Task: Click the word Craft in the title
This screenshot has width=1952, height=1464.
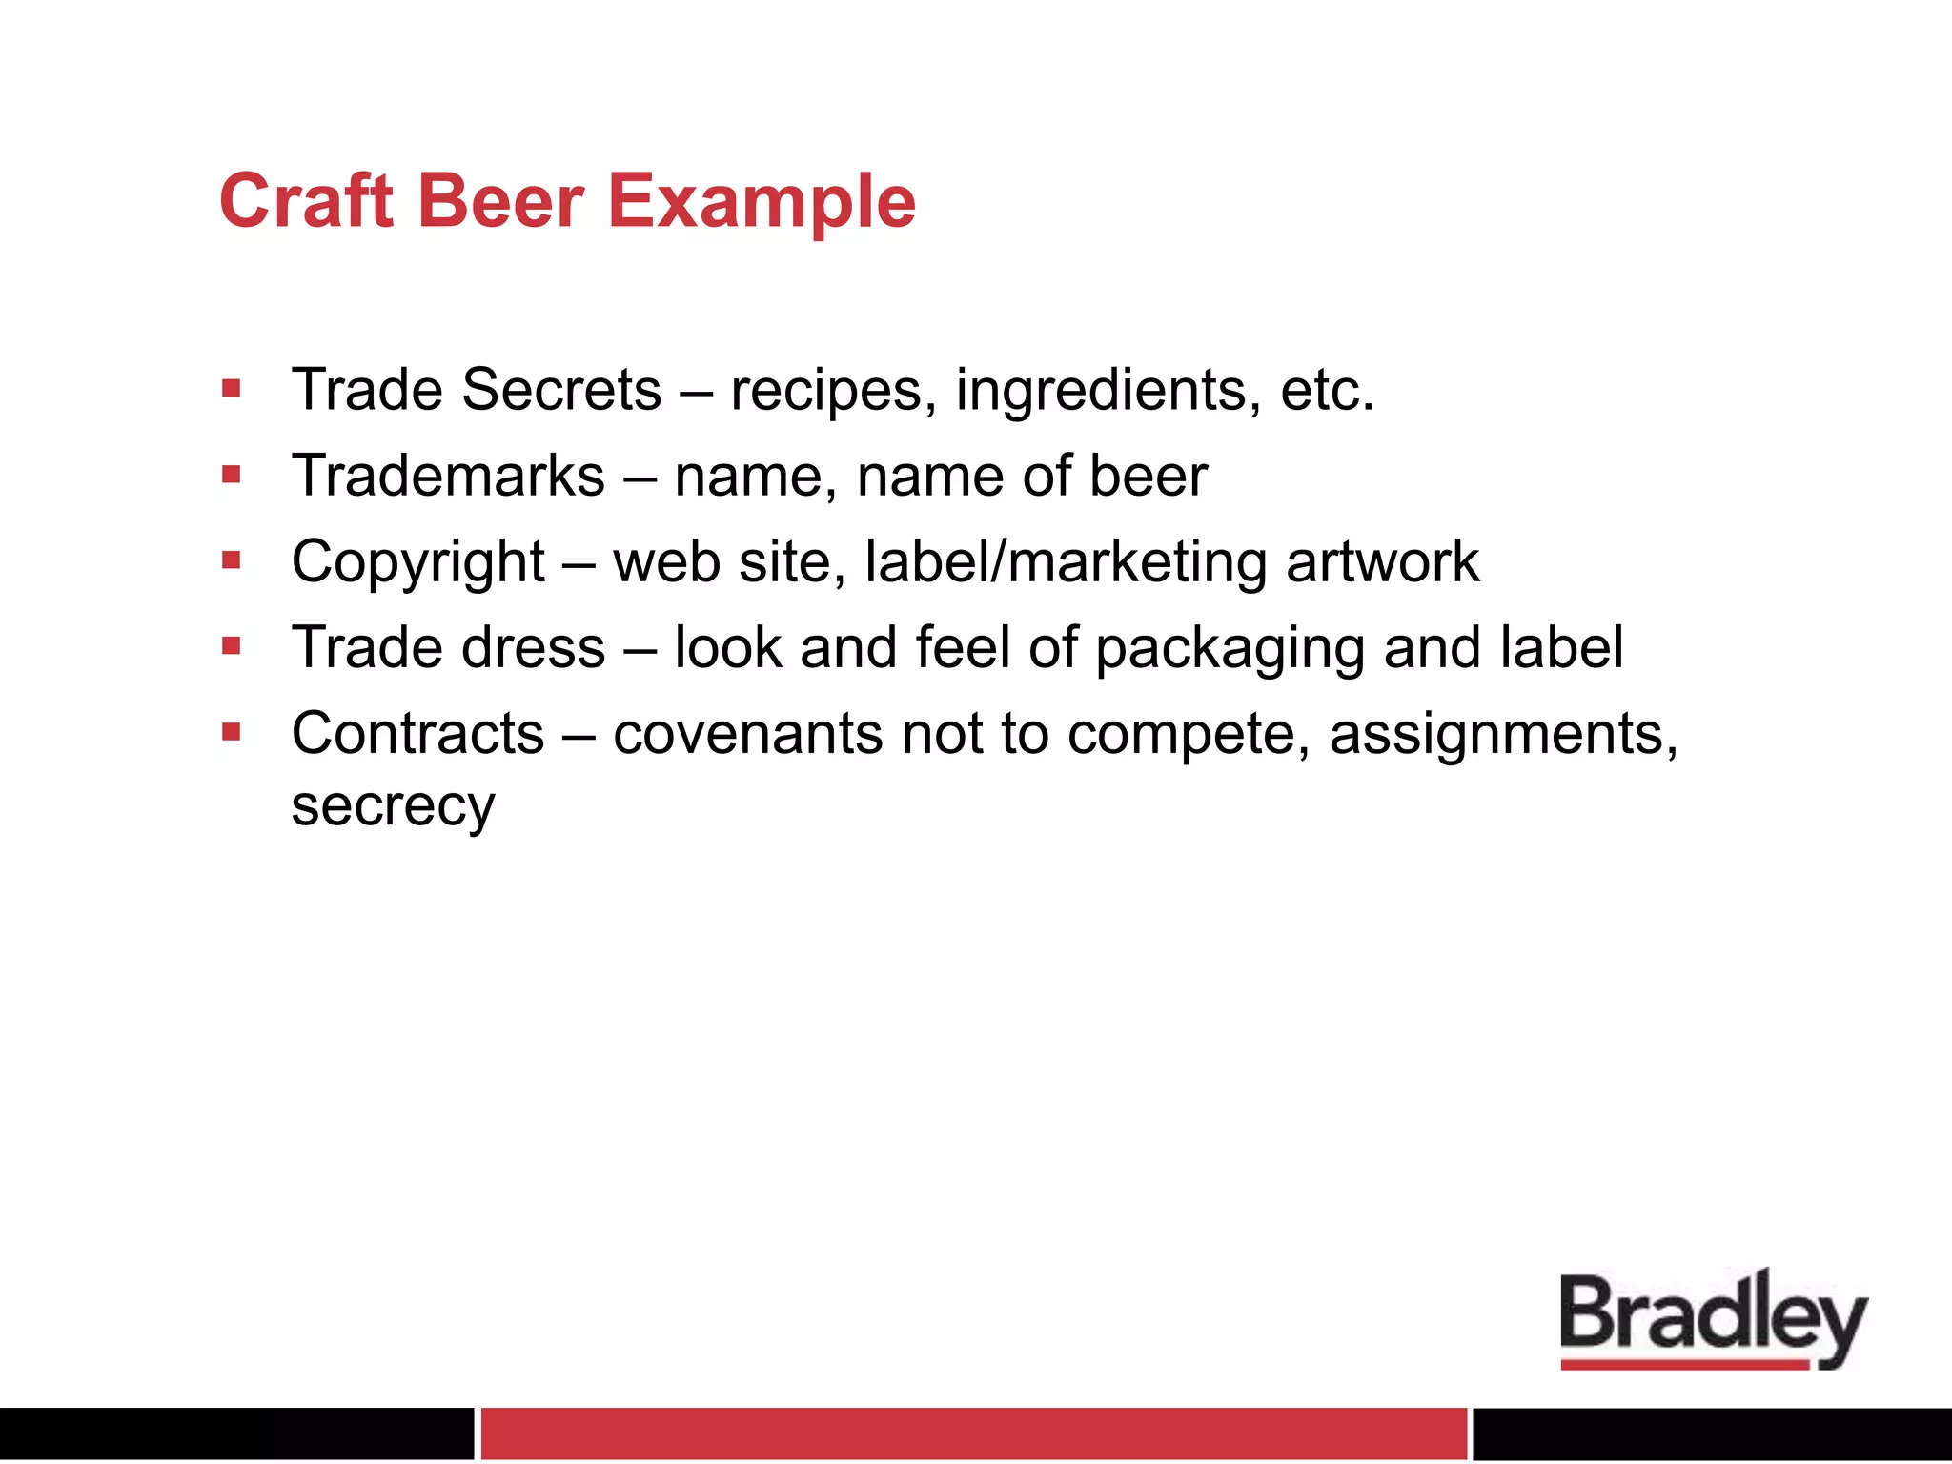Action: [306, 201]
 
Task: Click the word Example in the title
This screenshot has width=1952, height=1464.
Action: [762, 203]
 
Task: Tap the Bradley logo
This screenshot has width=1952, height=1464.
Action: [1713, 1319]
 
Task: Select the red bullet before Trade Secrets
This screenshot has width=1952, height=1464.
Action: [231, 388]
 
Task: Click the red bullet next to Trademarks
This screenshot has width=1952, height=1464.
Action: [231, 474]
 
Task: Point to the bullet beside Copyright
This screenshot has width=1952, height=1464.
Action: [231, 559]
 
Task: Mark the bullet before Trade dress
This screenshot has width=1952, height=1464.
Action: [231, 646]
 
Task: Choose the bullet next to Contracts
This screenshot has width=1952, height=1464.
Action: [231, 732]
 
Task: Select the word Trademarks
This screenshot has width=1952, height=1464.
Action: [448, 476]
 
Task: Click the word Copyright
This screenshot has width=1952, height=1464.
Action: [417, 562]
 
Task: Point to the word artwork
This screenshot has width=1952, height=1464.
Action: [1382, 561]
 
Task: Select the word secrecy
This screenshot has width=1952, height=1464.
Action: [393, 806]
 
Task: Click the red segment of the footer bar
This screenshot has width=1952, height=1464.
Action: [973, 1433]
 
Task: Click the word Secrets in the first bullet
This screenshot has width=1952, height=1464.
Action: [561, 390]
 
